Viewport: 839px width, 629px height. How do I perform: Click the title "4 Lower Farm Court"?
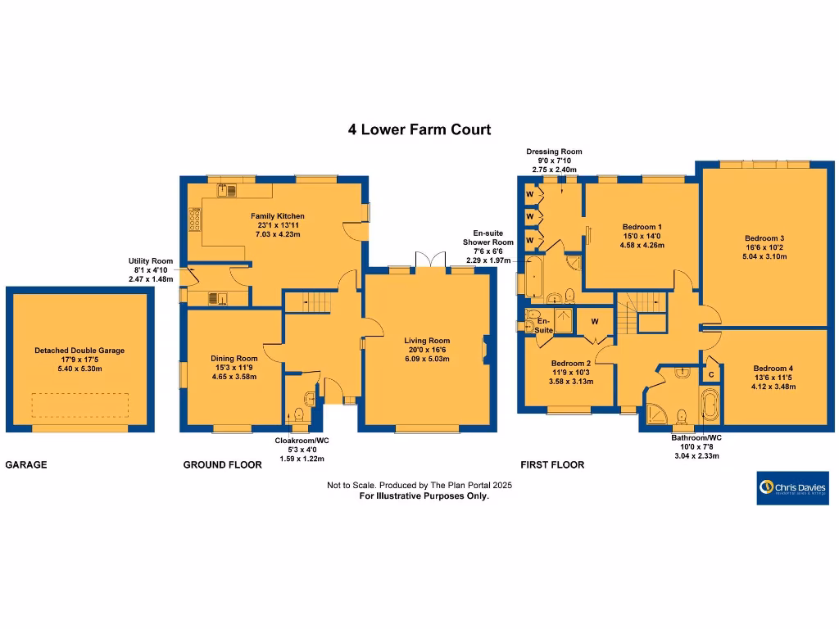(419, 129)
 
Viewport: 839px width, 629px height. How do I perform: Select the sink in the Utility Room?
(219, 298)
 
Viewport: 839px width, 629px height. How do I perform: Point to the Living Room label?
(427, 341)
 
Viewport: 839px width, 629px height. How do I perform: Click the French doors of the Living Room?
(429, 260)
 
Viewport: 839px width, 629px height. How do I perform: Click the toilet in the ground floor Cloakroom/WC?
(310, 400)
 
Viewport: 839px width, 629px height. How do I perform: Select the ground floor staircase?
(311, 303)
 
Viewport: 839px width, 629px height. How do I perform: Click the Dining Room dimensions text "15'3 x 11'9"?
(234, 368)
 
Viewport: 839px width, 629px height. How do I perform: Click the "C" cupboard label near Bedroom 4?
(710, 374)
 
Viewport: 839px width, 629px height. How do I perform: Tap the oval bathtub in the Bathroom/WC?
(709, 406)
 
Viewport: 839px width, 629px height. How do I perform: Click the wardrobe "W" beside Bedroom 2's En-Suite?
(594, 320)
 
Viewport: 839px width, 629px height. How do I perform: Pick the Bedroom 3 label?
(765, 238)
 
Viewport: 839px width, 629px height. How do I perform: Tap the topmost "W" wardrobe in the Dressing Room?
(529, 193)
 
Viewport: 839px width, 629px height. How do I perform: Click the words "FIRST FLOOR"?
(552, 464)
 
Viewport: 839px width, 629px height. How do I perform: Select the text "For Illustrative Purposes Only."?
(424, 496)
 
